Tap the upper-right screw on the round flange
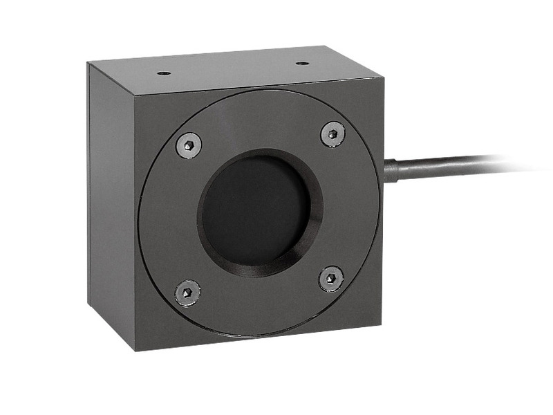pos(332,133)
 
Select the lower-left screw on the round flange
pos(187,292)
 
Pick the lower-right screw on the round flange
pos(331,278)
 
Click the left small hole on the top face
pos(163,73)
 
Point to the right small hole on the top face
pos(302,63)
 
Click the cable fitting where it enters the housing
pos(390,170)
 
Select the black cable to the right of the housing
pos(442,165)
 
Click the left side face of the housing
pos(111,207)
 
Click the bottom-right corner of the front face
pos(382,324)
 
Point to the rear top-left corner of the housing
pos(88,63)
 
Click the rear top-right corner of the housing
pos(326,47)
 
